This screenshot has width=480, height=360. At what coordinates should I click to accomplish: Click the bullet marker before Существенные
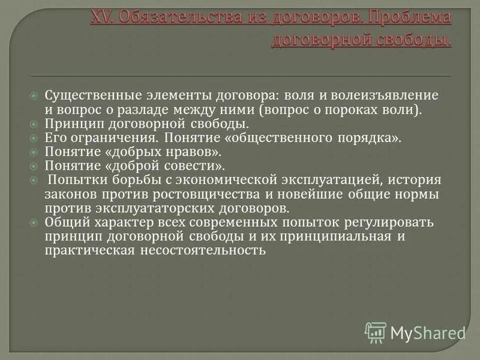coord(35,96)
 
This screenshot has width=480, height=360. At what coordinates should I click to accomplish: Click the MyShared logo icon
coord(376,332)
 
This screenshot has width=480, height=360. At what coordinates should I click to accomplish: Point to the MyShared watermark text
coord(428,332)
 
